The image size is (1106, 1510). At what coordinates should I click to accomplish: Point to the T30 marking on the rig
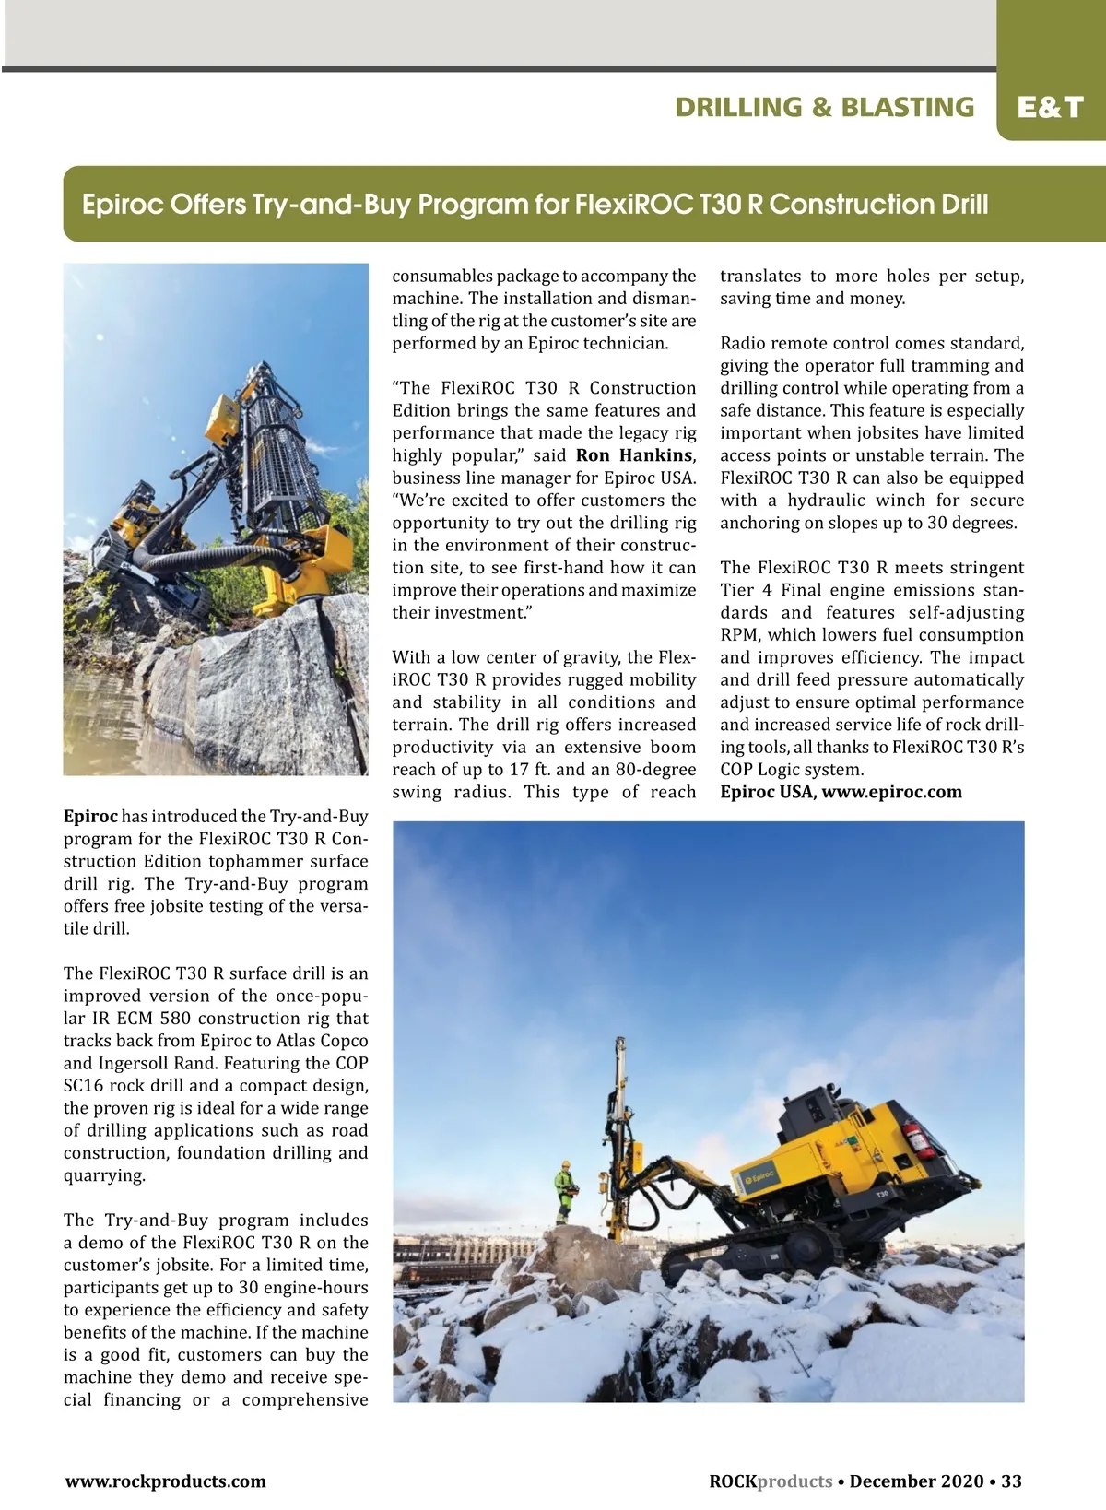881,1194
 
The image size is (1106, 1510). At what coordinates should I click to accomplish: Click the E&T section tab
1050,108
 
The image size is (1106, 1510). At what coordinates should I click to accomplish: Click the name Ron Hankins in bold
634,455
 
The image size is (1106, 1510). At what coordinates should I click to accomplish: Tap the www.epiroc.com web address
891,792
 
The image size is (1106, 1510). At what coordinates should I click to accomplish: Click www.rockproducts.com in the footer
165,1481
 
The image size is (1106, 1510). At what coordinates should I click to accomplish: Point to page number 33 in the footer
1011,1481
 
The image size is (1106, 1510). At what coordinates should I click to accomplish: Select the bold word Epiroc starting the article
90,816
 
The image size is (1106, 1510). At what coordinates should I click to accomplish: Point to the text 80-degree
654,770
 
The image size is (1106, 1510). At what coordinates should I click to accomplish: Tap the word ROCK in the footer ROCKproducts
733,1481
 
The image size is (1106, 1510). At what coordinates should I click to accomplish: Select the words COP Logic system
792,770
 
